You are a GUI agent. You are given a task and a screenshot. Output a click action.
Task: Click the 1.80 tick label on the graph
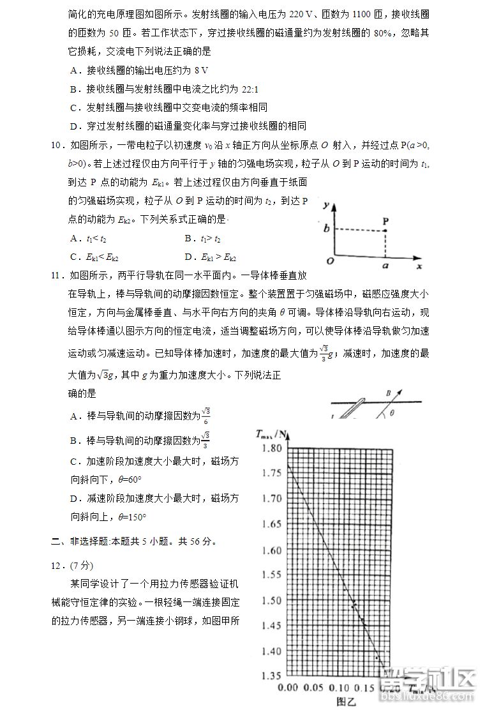click(x=271, y=448)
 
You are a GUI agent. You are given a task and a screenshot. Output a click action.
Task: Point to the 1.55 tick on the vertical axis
click(x=271, y=575)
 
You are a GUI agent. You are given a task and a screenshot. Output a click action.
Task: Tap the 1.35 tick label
click(x=271, y=676)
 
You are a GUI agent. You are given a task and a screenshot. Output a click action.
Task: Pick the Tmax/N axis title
click(x=272, y=435)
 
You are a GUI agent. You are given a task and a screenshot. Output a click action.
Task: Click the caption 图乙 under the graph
click(x=345, y=701)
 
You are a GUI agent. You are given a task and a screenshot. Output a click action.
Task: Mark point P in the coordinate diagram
click(x=385, y=221)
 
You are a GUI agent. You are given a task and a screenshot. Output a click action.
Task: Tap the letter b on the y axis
click(x=325, y=229)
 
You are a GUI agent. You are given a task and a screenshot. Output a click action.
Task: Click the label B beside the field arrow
click(x=388, y=393)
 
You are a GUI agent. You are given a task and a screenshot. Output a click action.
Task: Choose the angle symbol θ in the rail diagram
click(x=392, y=412)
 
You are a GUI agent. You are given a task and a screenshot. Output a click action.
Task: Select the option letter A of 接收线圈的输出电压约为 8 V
click(x=75, y=70)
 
